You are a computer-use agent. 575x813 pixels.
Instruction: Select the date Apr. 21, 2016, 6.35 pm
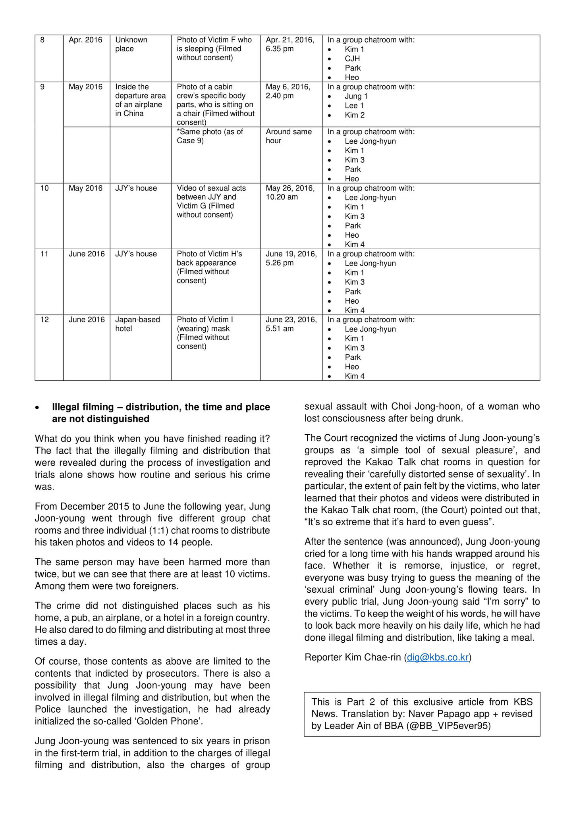290,44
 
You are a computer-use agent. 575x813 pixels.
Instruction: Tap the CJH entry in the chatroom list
352,58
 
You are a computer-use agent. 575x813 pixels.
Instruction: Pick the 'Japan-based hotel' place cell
137,324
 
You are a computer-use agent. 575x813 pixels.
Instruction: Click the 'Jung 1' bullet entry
356,96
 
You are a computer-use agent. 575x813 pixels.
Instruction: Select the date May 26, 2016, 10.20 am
290,193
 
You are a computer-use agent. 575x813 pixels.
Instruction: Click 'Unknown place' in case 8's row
131,44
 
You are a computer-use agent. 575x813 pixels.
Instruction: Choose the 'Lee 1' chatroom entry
354,106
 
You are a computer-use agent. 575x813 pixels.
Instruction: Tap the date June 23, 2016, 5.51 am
291,324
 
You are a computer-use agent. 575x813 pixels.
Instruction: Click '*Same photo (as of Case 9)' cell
210,136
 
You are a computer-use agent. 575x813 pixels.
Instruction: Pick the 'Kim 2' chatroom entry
355,115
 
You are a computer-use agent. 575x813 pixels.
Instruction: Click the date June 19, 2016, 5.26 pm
291,258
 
